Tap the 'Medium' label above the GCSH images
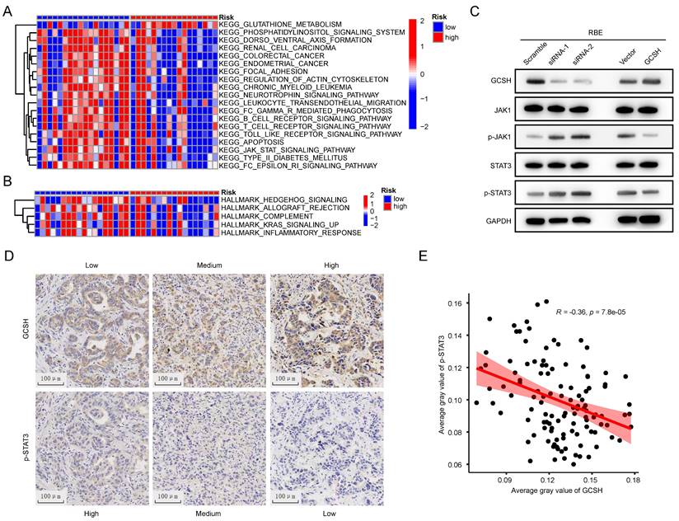coord(208,263)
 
